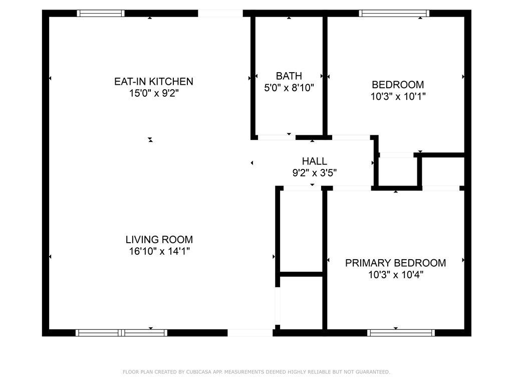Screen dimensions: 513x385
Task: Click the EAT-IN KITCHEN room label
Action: [x=153, y=81]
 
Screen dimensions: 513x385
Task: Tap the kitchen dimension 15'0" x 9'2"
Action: [x=154, y=93]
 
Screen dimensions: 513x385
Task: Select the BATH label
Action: [x=289, y=76]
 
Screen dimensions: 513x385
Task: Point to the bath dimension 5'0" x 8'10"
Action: [x=289, y=88]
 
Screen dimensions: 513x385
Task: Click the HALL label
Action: [x=315, y=161]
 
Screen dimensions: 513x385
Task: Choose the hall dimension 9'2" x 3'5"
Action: [x=315, y=172]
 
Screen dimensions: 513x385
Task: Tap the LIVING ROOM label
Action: [x=159, y=239]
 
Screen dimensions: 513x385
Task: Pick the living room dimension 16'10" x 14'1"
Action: [x=159, y=251]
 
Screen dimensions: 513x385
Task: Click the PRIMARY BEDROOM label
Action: [x=396, y=263]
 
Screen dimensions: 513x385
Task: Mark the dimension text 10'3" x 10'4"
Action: [x=396, y=275]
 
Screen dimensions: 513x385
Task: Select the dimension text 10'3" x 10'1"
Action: [x=398, y=97]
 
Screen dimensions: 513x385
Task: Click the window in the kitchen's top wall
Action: [x=101, y=14]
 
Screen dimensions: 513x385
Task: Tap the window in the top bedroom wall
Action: [x=394, y=14]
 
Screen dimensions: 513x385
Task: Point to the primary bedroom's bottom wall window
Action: [x=401, y=333]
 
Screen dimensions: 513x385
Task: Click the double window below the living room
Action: [x=121, y=333]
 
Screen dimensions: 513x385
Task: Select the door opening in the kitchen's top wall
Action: [x=220, y=14]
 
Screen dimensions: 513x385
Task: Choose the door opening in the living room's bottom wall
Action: [x=250, y=333]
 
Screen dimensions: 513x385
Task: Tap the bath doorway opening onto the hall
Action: [x=277, y=137]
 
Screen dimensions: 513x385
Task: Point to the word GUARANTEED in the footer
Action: [x=373, y=372]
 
